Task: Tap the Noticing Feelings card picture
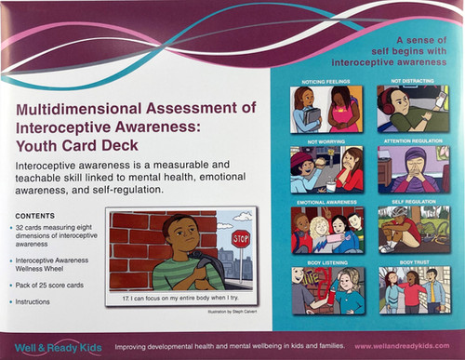[320, 113]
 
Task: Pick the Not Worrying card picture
[320, 169]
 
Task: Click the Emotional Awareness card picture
[320, 229]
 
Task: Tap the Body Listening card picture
[320, 289]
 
